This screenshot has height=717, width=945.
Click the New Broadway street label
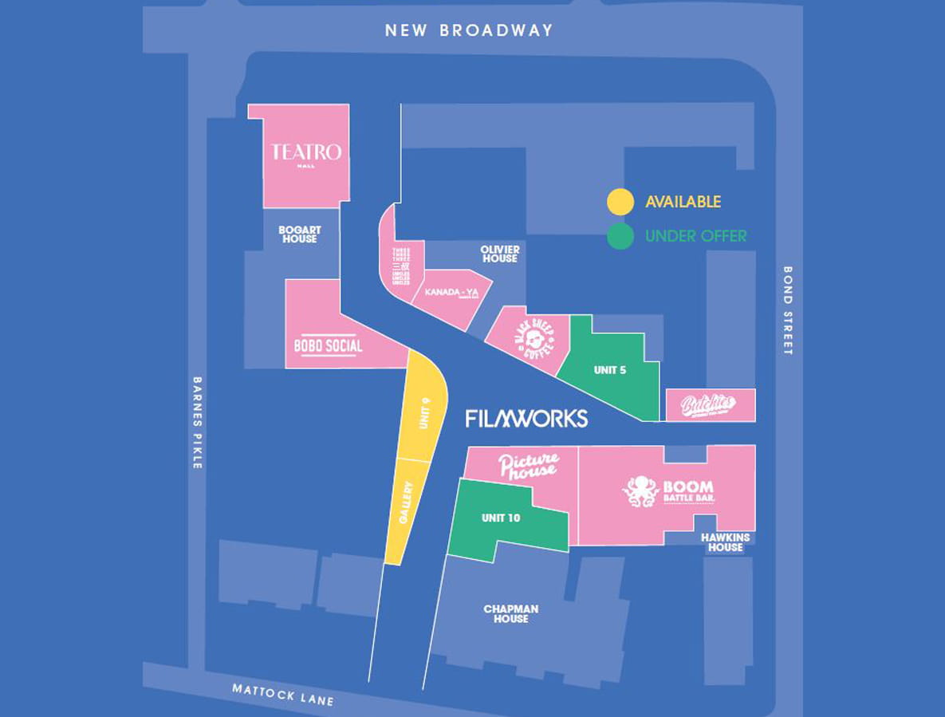point(468,31)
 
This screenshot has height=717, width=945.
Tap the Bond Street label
point(788,310)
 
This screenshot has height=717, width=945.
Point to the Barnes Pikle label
point(197,422)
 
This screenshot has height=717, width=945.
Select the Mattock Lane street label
point(282,694)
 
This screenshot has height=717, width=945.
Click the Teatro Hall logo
point(306,153)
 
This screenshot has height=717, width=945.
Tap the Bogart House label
point(298,234)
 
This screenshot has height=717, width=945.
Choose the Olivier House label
point(499,254)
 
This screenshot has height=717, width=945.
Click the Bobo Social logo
point(328,346)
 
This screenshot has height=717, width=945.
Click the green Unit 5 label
point(609,370)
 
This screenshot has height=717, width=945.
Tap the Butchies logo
point(707,406)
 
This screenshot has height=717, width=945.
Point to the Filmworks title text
point(526,419)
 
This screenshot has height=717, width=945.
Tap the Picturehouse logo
point(527,466)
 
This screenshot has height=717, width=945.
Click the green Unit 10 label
point(501,518)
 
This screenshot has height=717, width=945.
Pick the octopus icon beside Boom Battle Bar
point(640,491)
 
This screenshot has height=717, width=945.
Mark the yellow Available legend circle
point(620,202)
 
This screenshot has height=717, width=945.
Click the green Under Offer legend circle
point(620,236)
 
